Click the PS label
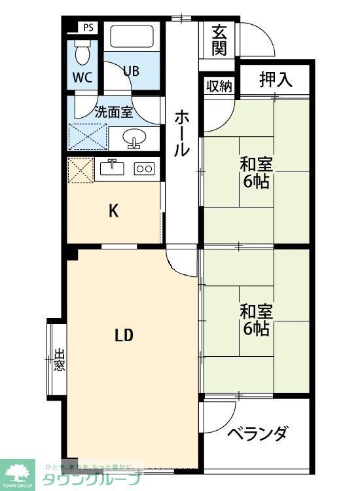click(89, 27)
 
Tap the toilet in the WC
click(82, 48)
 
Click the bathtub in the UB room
click(132, 37)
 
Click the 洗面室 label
click(114, 111)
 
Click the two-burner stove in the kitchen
click(143, 168)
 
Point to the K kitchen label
click(113, 211)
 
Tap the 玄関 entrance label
click(219, 40)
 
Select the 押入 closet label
click(275, 80)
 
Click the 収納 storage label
click(219, 86)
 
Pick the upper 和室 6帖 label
click(256, 172)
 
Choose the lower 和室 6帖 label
click(255, 319)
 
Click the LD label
click(124, 336)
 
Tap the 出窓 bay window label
click(59, 359)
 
